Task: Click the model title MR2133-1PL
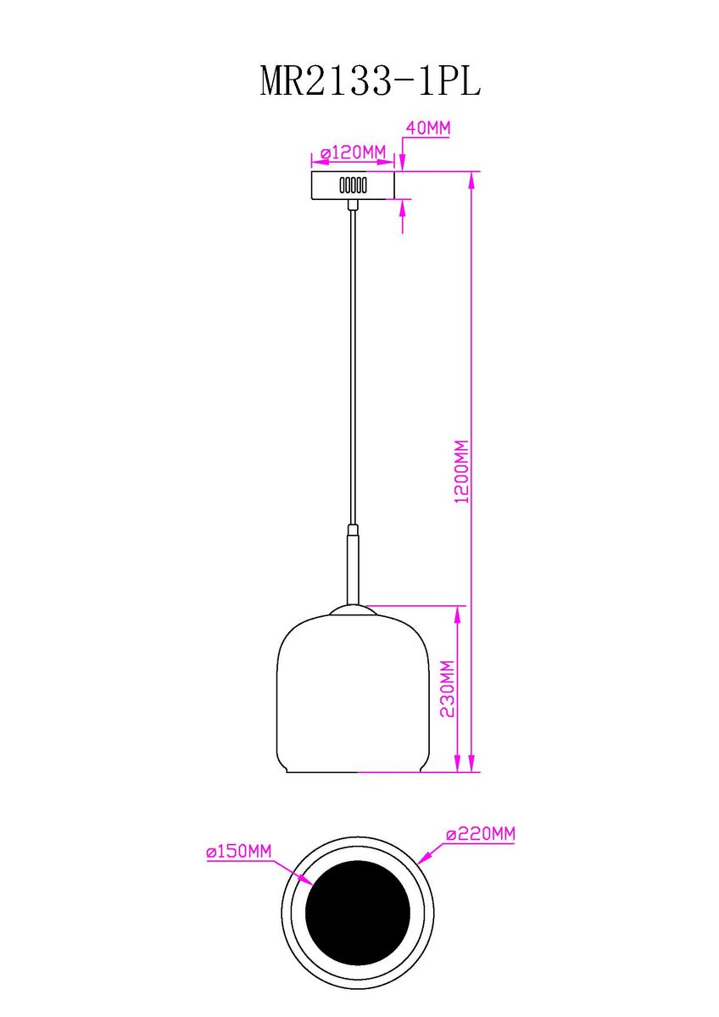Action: [x=370, y=81]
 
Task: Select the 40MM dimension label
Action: [x=428, y=129]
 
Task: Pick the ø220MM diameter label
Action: [x=481, y=835]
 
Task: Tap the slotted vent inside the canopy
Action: [x=352, y=185]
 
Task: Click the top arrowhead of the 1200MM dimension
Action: [x=471, y=179]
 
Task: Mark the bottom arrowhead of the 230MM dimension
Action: [x=460, y=766]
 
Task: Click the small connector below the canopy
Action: [x=353, y=203]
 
